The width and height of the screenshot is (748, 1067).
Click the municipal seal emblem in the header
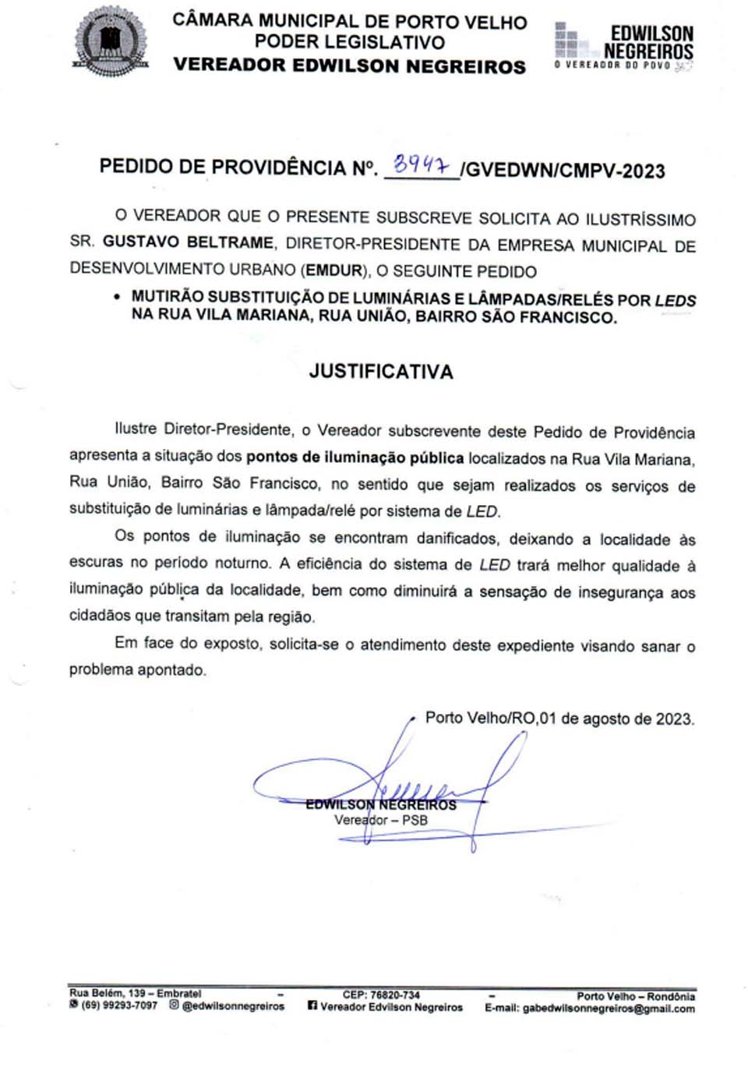coord(110,41)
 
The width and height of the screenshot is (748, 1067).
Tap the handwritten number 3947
coord(422,165)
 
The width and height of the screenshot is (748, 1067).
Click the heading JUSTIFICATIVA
coord(381,371)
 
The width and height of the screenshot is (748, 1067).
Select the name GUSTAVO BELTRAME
coord(188,242)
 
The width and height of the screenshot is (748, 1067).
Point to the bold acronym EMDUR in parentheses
coord(334,270)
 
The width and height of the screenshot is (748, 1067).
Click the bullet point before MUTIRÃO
coord(117,297)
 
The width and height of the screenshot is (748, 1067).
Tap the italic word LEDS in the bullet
coord(675,300)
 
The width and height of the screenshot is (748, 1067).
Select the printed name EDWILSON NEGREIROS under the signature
coord(380,804)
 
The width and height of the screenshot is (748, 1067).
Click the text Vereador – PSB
coord(381,820)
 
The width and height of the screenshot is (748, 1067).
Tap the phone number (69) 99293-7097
coord(119,1006)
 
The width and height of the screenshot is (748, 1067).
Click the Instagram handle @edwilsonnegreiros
coord(233,1006)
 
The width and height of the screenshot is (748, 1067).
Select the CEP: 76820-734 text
coord(381,995)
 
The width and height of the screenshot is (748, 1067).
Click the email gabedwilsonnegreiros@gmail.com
coord(609,1009)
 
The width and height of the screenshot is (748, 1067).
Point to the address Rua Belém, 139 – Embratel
coord(135,994)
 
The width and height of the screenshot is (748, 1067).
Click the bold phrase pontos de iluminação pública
coord(355,458)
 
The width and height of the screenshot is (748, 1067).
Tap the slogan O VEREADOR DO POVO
coord(613,65)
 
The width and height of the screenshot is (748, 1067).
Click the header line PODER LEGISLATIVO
coord(350,42)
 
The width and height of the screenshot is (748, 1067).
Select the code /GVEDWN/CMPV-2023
coord(563,171)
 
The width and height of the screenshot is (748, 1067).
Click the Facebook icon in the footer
coord(312,1006)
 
